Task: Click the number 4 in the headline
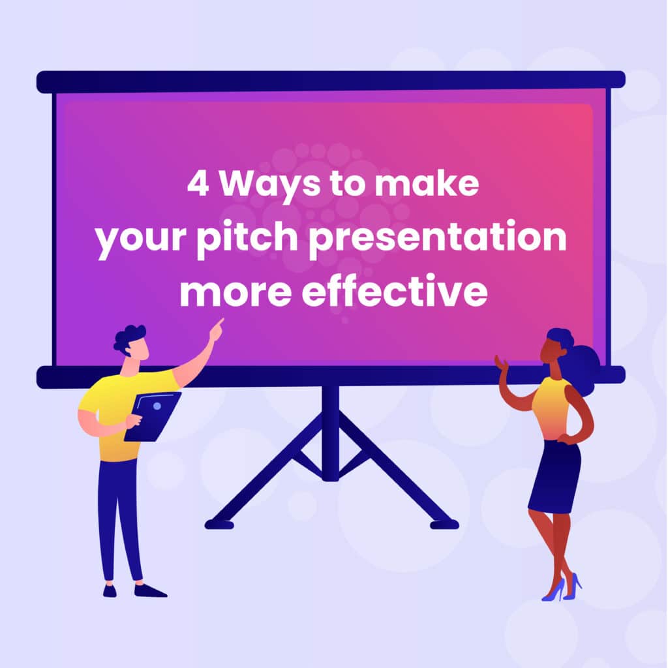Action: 198,183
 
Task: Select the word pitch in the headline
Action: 247,237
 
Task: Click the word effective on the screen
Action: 395,290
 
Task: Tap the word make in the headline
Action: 426,183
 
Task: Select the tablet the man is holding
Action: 153,417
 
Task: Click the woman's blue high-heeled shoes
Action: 562,587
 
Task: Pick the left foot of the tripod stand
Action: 219,524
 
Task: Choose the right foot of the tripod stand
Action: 444,524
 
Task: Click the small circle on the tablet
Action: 157,406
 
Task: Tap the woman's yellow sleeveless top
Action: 551,408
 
